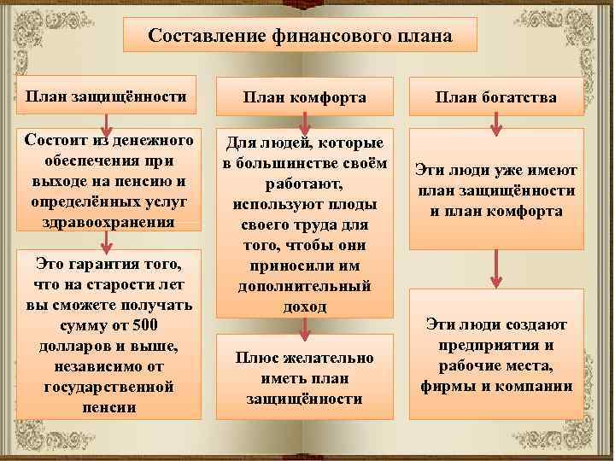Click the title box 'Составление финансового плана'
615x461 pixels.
(x=300, y=38)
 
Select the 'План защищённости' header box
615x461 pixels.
(x=106, y=96)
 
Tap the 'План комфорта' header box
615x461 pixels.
(x=305, y=97)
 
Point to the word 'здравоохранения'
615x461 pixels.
(x=105, y=221)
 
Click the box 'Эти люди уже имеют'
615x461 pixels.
(x=496, y=190)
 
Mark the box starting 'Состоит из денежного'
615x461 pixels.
(x=105, y=179)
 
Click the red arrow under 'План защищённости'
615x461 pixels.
(x=106, y=119)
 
